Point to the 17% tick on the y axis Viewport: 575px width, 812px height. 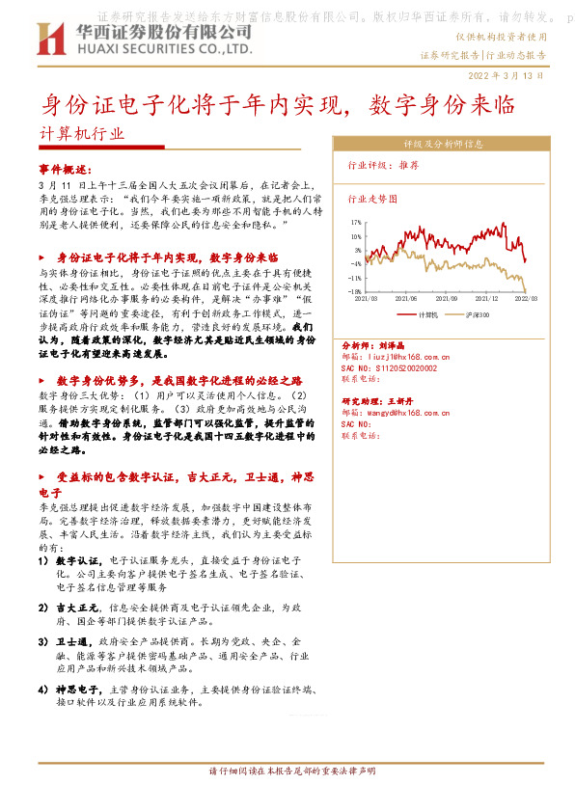click(356, 222)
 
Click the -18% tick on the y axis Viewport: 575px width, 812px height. click(355, 290)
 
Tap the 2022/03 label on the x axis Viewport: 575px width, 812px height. click(525, 300)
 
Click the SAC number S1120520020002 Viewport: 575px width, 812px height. click(397, 367)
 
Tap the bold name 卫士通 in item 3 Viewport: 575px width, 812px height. click(69, 642)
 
